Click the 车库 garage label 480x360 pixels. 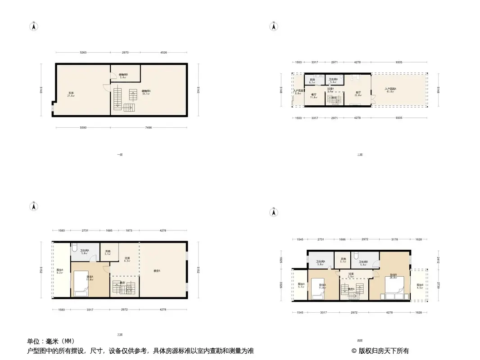click(x=70, y=94)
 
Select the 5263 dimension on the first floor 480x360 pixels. click(x=83, y=53)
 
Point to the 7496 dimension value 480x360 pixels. click(x=149, y=128)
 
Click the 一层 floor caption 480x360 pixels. click(x=119, y=154)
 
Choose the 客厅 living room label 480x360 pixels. click(x=358, y=93)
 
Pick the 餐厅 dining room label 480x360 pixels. click(x=313, y=95)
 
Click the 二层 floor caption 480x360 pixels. click(x=359, y=154)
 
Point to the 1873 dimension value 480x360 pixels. click(x=129, y=230)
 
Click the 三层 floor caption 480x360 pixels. click(x=119, y=334)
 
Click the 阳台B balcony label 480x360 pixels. click(x=420, y=285)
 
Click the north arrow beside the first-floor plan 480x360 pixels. click(x=33, y=26)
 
